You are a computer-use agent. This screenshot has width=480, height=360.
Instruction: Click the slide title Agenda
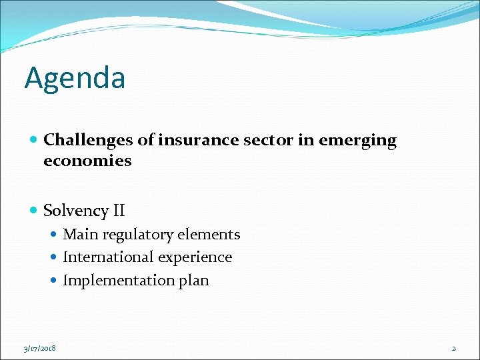(75, 78)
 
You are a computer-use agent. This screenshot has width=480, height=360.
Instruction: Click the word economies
(87, 161)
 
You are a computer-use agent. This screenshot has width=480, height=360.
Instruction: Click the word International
(105, 257)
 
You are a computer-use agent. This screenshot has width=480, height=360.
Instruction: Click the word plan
(193, 281)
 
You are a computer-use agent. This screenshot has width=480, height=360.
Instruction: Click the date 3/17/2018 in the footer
(39, 348)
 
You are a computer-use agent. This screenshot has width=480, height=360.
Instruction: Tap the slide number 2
(453, 348)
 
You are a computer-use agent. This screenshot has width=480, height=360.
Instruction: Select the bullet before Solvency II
(34, 211)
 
